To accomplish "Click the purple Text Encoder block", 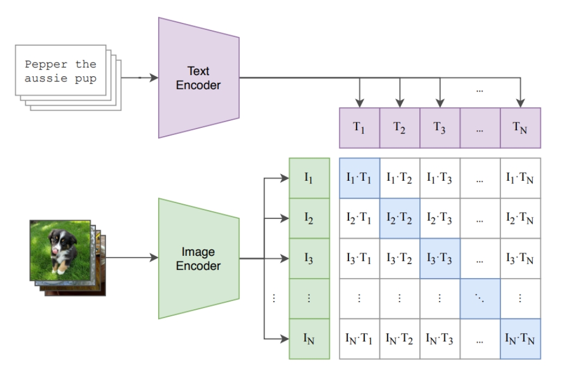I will (198, 77).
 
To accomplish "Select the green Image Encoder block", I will (198, 258).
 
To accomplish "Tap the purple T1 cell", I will (359, 127).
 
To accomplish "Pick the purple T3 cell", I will (440, 127).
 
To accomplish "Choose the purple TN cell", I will (521, 127).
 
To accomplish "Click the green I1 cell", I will (309, 178).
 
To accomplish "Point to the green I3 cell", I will (309, 259).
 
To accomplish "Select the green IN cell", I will (309, 339).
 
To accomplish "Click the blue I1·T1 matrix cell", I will (359, 178).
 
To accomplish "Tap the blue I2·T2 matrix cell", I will (400, 218).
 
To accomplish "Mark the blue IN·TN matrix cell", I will (521, 339).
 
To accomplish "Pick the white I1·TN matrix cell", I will (521, 178).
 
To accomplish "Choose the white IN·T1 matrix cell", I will (359, 339).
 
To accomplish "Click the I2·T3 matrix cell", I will (440, 218).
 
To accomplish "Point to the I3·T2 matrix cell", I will (400, 259).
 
